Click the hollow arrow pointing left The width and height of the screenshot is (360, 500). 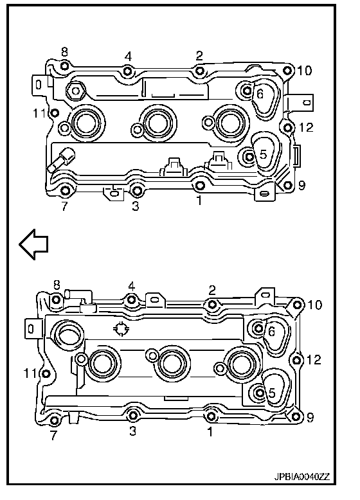[33, 244]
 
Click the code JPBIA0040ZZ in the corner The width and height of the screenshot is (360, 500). [301, 477]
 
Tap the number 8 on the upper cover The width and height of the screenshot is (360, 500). [64, 52]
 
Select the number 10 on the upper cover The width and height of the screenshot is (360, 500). [304, 71]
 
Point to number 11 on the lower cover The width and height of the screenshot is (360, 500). [31, 373]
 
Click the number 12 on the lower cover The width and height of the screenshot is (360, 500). [314, 360]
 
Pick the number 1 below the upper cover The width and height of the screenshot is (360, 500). [199, 201]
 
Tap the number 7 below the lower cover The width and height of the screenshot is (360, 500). [53, 435]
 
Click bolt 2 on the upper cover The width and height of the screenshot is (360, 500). [200, 71]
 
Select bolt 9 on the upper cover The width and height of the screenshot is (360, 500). [287, 185]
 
